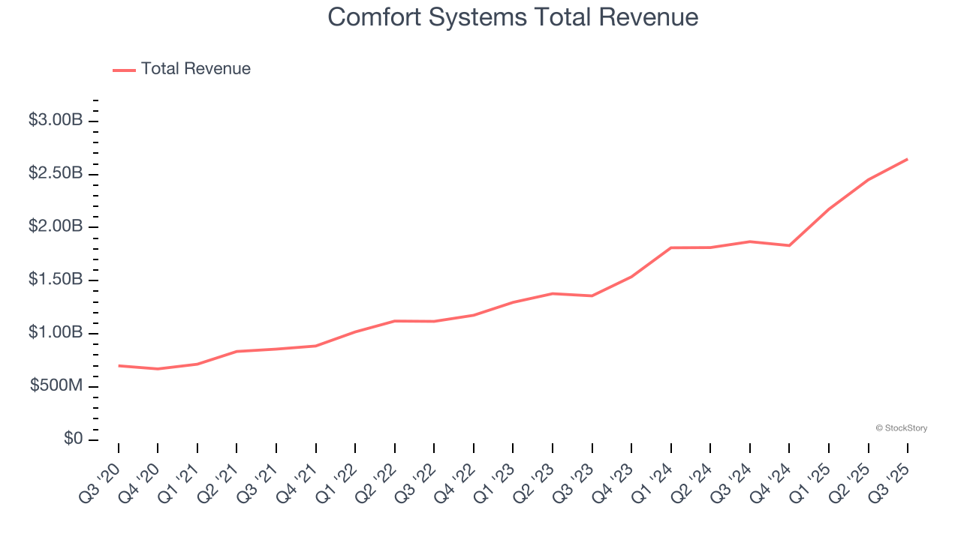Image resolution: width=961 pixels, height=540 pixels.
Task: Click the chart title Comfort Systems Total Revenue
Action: (x=513, y=17)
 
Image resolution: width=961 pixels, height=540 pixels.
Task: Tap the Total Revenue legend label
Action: (x=195, y=69)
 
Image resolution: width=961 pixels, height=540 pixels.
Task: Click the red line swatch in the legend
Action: (x=124, y=70)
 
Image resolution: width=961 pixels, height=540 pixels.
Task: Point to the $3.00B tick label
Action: (x=56, y=120)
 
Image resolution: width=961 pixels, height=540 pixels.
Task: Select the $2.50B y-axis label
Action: (x=56, y=173)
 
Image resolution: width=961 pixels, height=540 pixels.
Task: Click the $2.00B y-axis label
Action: (x=56, y=226)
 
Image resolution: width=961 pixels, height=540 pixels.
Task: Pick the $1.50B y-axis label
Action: (x=56, y=280)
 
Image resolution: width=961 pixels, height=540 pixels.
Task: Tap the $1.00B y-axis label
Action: (x=56, y=333)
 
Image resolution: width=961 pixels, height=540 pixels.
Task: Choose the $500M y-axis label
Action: (x=57, y=386)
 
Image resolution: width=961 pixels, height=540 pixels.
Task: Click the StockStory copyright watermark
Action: (x=901, y=428)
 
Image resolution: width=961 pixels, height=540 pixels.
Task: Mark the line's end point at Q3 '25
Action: (x=907, y=159)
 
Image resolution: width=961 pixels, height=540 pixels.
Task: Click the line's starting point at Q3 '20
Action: (x=119, y=366)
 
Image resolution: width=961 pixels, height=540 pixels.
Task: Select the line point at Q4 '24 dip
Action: (x=789, y=245)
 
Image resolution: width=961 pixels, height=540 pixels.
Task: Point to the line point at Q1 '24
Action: (x=670, y=247)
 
